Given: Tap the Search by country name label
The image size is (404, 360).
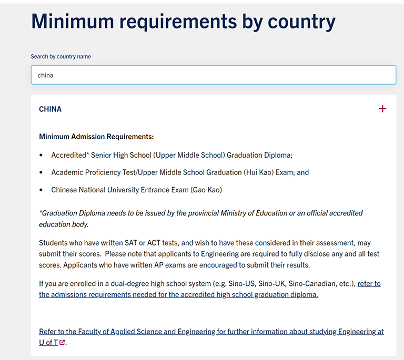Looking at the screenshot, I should (60, 57).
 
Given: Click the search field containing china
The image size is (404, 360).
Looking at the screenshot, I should (213, 75).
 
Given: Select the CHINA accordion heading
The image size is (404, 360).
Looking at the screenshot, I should (50, 109).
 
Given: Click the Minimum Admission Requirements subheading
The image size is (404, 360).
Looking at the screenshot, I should (96, 137).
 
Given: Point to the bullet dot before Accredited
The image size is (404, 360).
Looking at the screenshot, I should (42, 156).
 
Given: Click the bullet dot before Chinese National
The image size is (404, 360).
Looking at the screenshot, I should (42, 190).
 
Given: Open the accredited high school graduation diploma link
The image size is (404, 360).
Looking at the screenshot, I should (178, 295).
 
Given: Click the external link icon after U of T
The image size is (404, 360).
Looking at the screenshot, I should (62, 343).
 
